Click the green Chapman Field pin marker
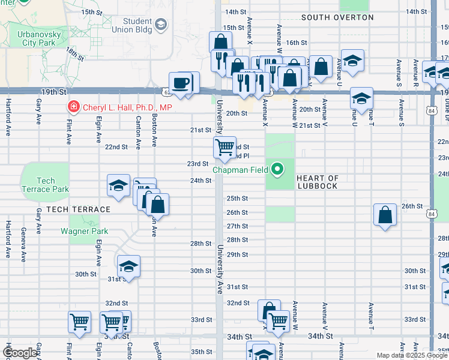pos(277,170)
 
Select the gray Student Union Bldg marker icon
pos(161,24)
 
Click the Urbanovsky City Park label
pos(30,38)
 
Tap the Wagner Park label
pos(84,231)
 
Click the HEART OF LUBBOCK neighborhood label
pos(317,182)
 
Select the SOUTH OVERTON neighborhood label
pos(337,17)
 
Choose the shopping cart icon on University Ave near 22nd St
pos(224,146)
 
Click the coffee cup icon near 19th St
pos(180,82)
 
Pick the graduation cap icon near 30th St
pos(128,265)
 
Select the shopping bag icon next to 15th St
pos(220,41)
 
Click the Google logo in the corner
pos(20,353)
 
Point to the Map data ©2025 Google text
pos(412,355)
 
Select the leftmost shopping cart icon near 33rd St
pos(79,322)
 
